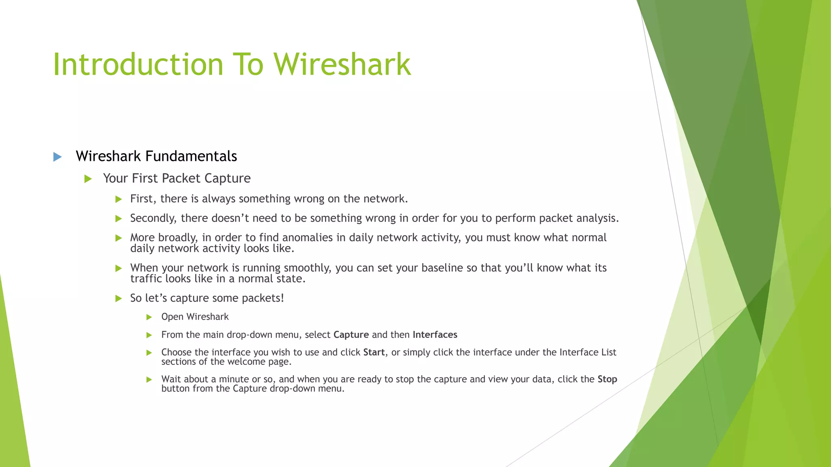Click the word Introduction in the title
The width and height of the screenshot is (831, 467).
click(138, 64)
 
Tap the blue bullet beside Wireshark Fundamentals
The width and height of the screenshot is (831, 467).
click(58, 157)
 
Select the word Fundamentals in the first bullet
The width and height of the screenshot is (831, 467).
click(191, 156)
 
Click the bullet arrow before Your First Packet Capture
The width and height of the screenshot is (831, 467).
click(88, 179)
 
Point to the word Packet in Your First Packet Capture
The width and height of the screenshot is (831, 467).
click(181, 178)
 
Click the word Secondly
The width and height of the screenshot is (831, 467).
click(153, 218)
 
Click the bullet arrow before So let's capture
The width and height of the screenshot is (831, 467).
click(118, 299)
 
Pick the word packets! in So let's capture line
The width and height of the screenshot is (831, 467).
click(263, 298)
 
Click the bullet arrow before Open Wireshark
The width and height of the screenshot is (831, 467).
click(149, 317)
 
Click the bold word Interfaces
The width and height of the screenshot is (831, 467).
click(435, 335)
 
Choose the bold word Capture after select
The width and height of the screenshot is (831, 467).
click(351, 335)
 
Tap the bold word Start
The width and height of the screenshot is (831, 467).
click(374, 352)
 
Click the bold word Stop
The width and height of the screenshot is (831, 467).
click(607, 379)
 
